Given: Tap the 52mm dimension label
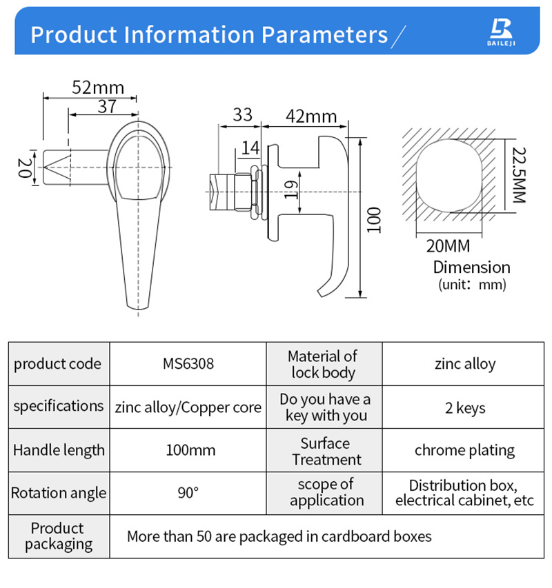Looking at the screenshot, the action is pyautogui.click(x=98, y=88).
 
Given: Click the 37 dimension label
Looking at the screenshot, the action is pyautogui.click(x=108, y=106).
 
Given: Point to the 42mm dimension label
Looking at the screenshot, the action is pyautogui.click(x=311, y=116).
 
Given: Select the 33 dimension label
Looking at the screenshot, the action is pyautogui.click(x=242, y=114).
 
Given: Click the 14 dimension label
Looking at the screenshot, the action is pyautogui.click(x=250, y=148).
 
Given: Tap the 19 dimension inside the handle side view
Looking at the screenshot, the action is pyautogui.click(x=291, y=190).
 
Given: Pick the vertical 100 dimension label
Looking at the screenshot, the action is pyautogui.click(x=374, y=220).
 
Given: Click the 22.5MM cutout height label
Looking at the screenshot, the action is pyautogui.click(x=520, y=175).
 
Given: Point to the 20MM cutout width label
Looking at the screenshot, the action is pyautogui.click(x=448, y=246).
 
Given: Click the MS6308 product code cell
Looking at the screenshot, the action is pyautogui.click(x=188, y=363).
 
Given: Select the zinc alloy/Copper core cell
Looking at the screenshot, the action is pyautogui.click(x=188, y=407).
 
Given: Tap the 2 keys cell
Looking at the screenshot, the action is pyautogui.click(x=465, y=408).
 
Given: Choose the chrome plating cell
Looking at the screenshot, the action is pyautogui.click(x=464, y=450).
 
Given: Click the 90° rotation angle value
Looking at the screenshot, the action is pyautogui.click(x=188, y=493).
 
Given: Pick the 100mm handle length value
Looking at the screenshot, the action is pyautogui.click(x=190, y=450).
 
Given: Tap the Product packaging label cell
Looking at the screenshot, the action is pyautogui.click(x=59, y=536).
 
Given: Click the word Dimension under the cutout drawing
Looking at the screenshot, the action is pyautogui.click(x=472, y=267).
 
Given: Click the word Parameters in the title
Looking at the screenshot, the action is pyautogui.click(x=324, y=35).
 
